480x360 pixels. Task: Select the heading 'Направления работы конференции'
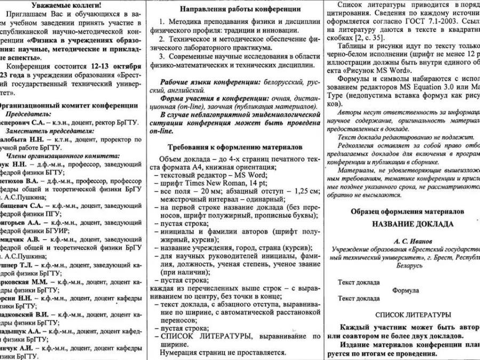pos(234,9)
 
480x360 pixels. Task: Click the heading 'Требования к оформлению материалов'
pos(234,146)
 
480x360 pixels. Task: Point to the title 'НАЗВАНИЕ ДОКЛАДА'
pos(413,224)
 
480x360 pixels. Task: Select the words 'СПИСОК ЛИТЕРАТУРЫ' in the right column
pos(413,315)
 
